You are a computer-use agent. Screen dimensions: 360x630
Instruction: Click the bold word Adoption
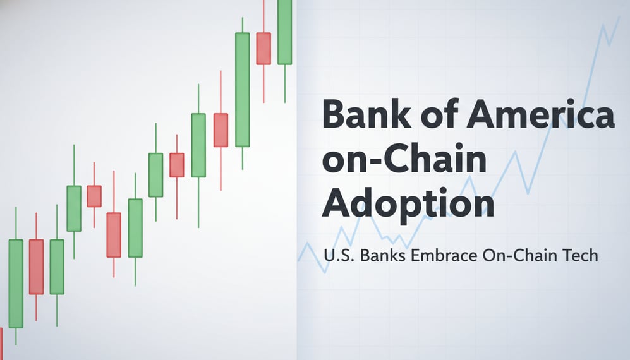click(x=408, y=203)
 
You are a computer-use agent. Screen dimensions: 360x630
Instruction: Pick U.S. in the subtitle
click(x=337, y=256)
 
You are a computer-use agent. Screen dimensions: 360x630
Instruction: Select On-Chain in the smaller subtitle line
click(x=521, y=256)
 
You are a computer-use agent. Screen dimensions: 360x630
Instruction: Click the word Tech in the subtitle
click(x=579, y=256)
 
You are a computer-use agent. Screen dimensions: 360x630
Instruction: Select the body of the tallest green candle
click(x=242, y=90)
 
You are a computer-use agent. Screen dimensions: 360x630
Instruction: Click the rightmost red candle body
click(x=264, y=48)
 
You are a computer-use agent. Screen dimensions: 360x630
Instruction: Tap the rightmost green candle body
click(x=284, y=32)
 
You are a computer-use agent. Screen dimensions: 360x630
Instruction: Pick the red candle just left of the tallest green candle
click(x=221, y=130)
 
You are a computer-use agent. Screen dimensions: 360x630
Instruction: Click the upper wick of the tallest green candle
click(x=242, y=25)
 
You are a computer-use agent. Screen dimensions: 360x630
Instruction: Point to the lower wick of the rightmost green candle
click(x=284, y=83)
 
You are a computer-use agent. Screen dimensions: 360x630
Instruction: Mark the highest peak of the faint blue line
click(x=619, y=17)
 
